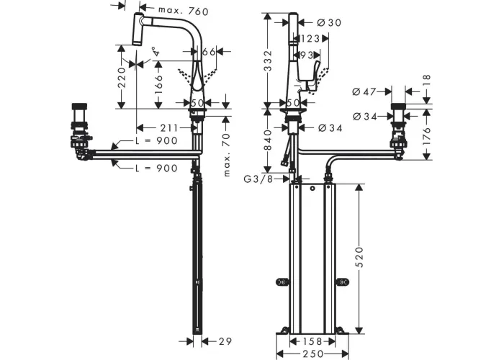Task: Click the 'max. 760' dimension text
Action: tap(183, 11)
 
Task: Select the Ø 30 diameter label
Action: tap(329, 22)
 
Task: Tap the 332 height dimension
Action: tap(267, 60)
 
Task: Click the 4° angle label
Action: tap(156, 51)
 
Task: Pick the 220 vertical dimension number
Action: tap(122, 78)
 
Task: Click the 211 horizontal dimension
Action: tap(169, 128)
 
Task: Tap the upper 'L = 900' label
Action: tap(156, 140)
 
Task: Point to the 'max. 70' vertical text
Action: tap(227, 155)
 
